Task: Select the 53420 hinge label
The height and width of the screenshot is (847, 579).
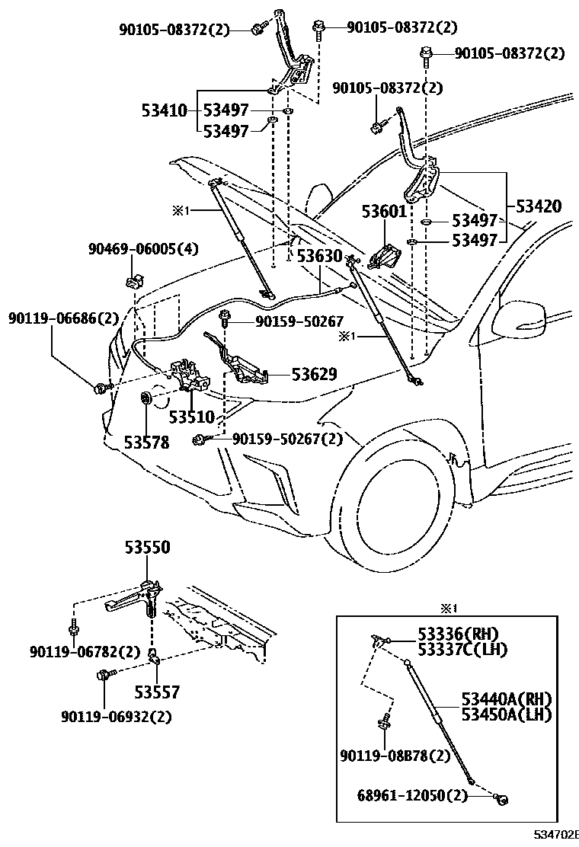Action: point(539,206)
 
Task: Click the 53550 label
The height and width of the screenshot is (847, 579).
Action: point(147,548)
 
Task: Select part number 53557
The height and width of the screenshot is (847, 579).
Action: point(157,692)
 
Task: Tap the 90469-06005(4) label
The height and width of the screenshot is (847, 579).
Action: point(142,248)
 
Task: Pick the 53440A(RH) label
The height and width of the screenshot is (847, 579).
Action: point(506,699)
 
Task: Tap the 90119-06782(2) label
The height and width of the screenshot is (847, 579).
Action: point(85,652)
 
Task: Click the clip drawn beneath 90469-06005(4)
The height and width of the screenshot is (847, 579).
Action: point(135,280)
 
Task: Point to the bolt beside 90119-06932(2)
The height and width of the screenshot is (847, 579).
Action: point(104,675)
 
